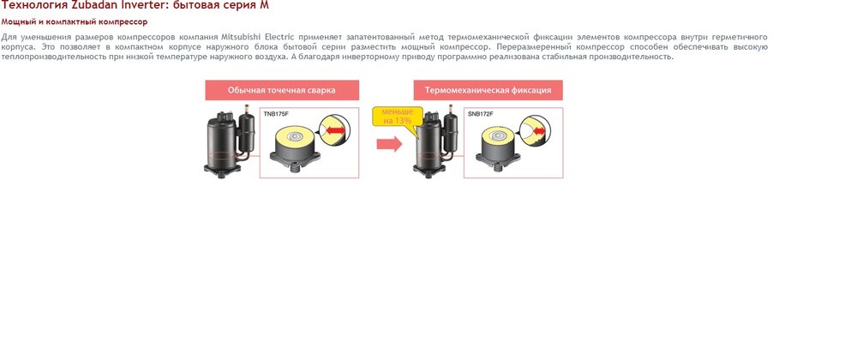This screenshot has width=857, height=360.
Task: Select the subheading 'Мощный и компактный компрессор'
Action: [x=75, y=21]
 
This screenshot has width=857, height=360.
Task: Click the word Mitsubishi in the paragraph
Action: [x=241, y=37]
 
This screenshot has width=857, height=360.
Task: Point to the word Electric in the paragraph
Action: [x=279, y=37]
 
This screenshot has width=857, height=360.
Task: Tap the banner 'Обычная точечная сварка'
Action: [x=282, y=90]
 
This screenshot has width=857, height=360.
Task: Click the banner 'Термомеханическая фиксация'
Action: [x=488, y=90]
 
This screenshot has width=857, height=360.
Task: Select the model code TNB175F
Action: [x=276, y=114]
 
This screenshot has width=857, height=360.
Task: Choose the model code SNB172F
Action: [x=481, y=114]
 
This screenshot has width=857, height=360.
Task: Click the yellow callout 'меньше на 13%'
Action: [x=398, y=117]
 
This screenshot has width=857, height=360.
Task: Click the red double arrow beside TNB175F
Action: [x=336, y=130]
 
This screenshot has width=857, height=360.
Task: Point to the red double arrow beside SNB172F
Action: [x=540, y=131]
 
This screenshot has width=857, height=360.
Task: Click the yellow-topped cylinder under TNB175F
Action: [x=296, y=147]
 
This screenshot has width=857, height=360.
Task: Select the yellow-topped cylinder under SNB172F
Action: [x=497, y=147]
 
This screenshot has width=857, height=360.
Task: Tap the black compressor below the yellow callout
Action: [x=435, y=144]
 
